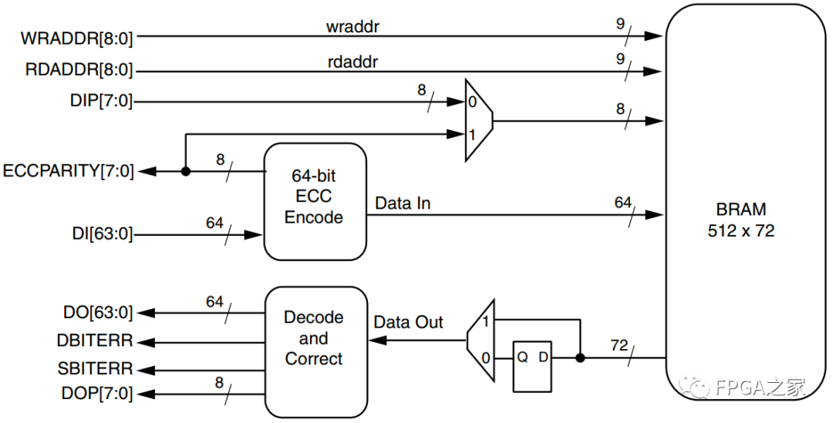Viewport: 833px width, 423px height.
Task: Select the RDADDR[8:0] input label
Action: [77, 71]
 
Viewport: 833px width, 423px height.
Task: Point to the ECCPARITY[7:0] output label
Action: [69, 171]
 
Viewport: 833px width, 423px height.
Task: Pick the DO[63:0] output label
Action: [97, 313]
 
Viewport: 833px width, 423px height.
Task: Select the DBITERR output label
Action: [95, 341]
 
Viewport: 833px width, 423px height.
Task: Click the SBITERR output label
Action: [95, 368]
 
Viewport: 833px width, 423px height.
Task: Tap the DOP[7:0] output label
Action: [97, 394]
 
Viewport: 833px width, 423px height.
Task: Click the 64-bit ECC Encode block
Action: [314, 201]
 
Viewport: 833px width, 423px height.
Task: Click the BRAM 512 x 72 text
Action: [740, 220]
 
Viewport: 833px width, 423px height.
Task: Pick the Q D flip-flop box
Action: [533, 367]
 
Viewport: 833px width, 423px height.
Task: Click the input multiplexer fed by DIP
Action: [478, 120]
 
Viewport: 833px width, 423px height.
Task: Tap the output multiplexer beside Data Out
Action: [481, 340]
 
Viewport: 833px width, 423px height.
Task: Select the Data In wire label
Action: [403, 203]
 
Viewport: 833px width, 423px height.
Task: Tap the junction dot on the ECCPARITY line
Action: [185, 171]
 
